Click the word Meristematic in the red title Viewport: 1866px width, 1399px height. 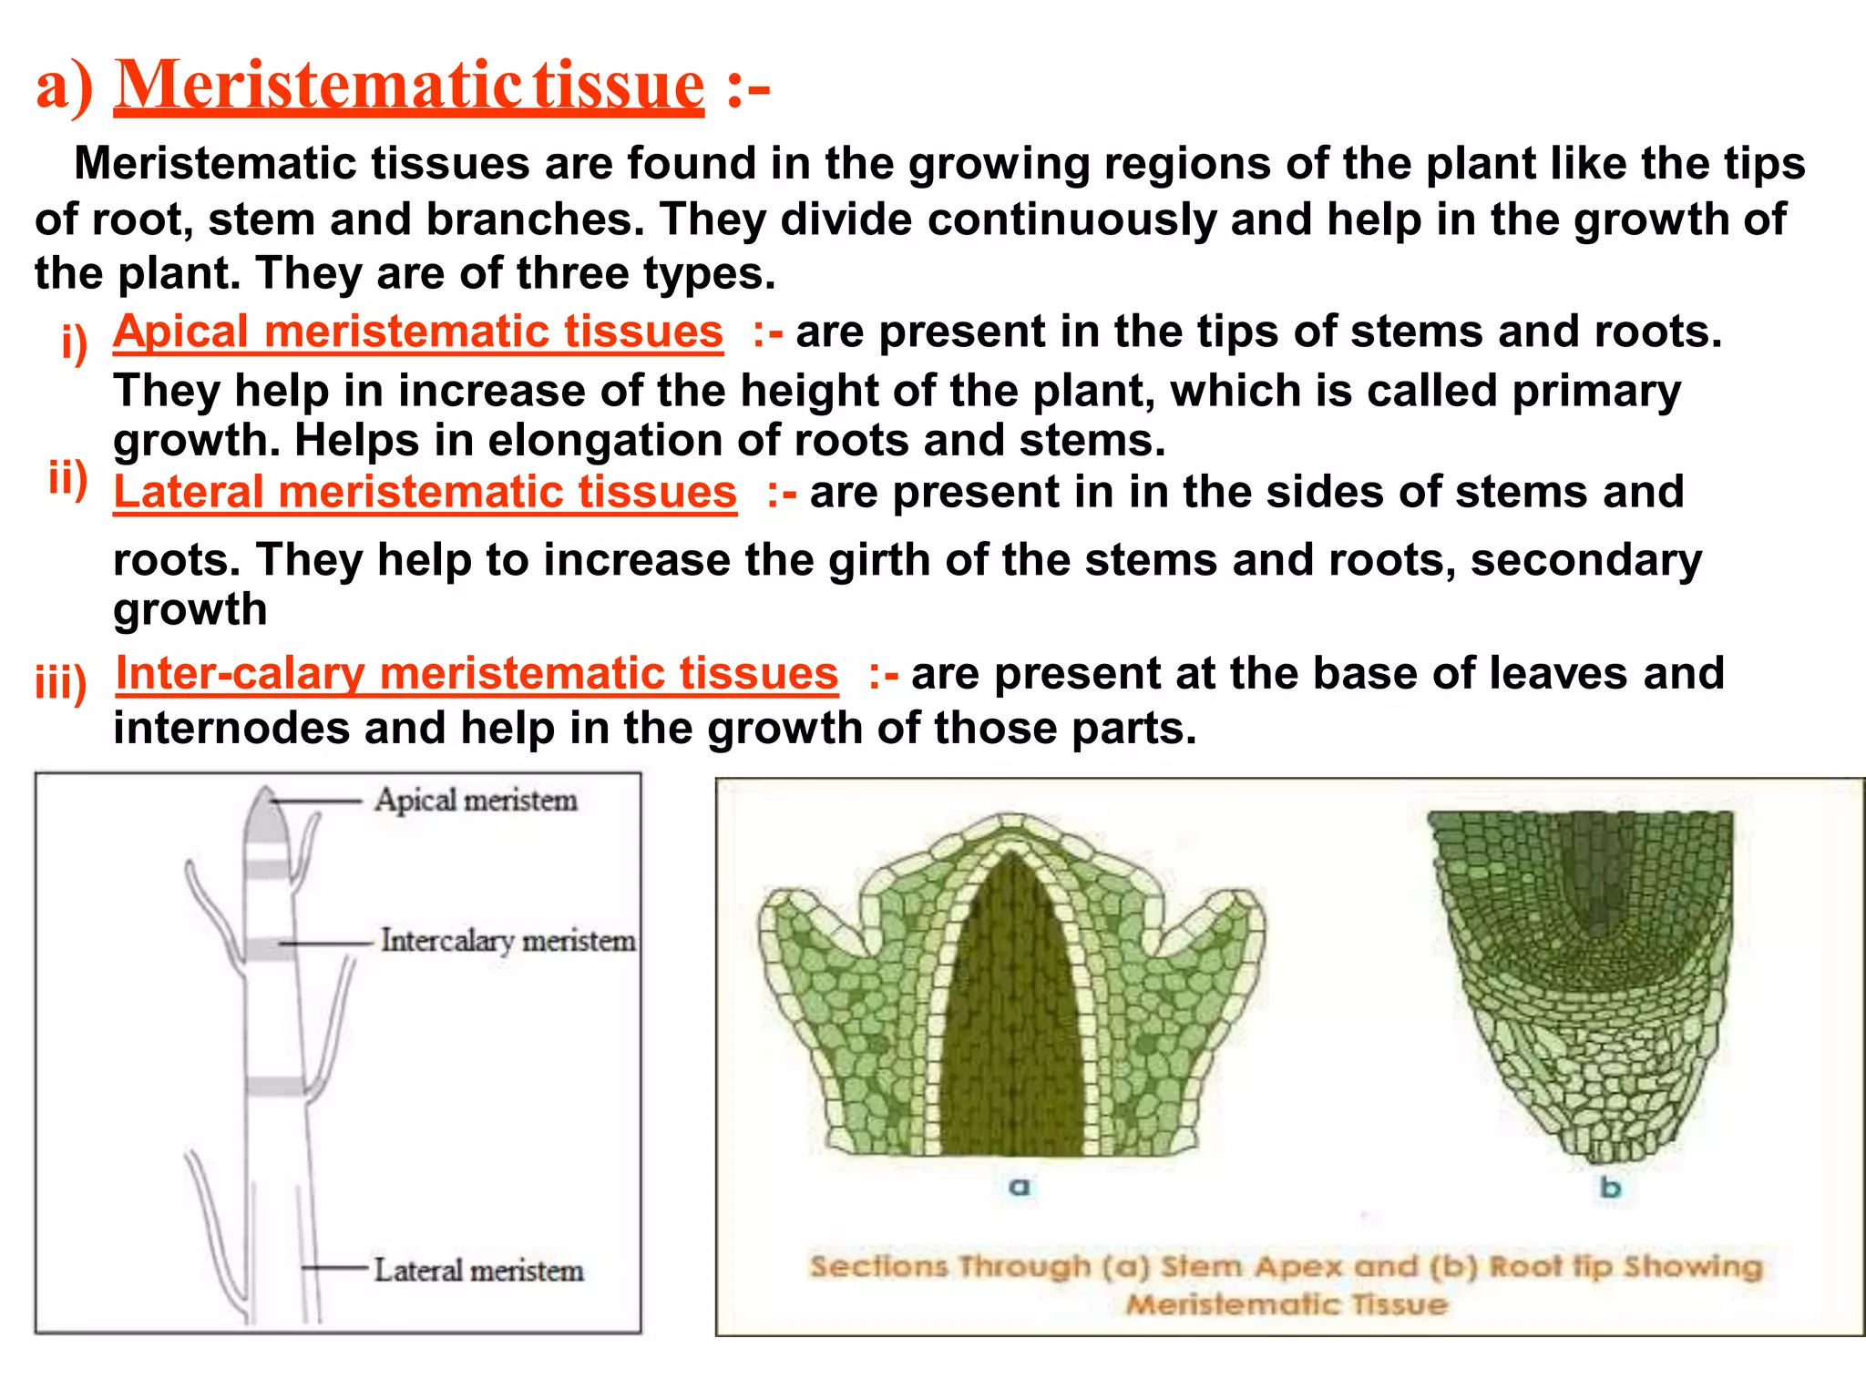pyautogui.click(x=318, y=85)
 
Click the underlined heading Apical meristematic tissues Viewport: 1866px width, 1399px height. pyautogui.click(x=417, y=332)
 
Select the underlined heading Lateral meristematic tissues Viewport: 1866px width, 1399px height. pyautogui.click(x=425, y=492)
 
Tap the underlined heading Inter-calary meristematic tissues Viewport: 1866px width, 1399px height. pyautogui.click(x=477, y=674)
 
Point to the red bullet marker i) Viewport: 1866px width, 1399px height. pyautogui.click(x=74, y=343)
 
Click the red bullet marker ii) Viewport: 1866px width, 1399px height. pyautogui.click(x=68, y=477)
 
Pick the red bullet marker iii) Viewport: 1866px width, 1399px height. pyautogui.click(x=60, y=682)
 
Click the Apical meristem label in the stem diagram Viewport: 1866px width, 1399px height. pyautogui.click(x=476, y=801)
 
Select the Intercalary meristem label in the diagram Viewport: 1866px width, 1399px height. pyautogui.click(x=508, y=941)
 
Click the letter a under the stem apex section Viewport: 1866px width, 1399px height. pyautogui.click(x=1020, y=1187)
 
